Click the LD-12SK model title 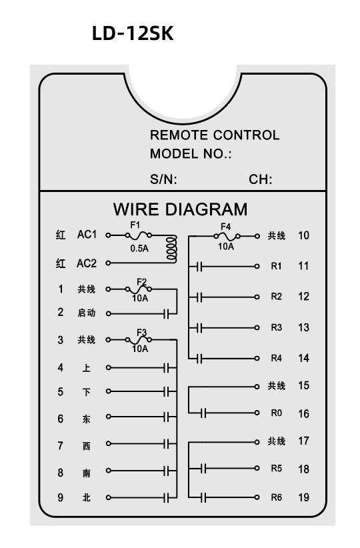pos(133,33)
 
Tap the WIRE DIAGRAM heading pos(181,209)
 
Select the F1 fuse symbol pos(139,235)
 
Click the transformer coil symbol pos(171,249)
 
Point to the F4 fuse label pos(226,227)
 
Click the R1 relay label pos(276,266)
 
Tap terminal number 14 pos(303,358)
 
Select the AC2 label pos(86,263)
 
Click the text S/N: pos(163,179)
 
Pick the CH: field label pos(261,179)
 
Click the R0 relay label pos(276,413)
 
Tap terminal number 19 pos(303,497)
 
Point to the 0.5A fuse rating pos(139,249)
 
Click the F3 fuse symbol pos(139,339)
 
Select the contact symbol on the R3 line pos(199,328)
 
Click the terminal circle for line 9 pos(109,497)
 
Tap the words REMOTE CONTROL pos(215,135)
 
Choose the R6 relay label pos(276,497)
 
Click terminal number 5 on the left pos(61,391)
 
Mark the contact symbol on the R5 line pos(204,468)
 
